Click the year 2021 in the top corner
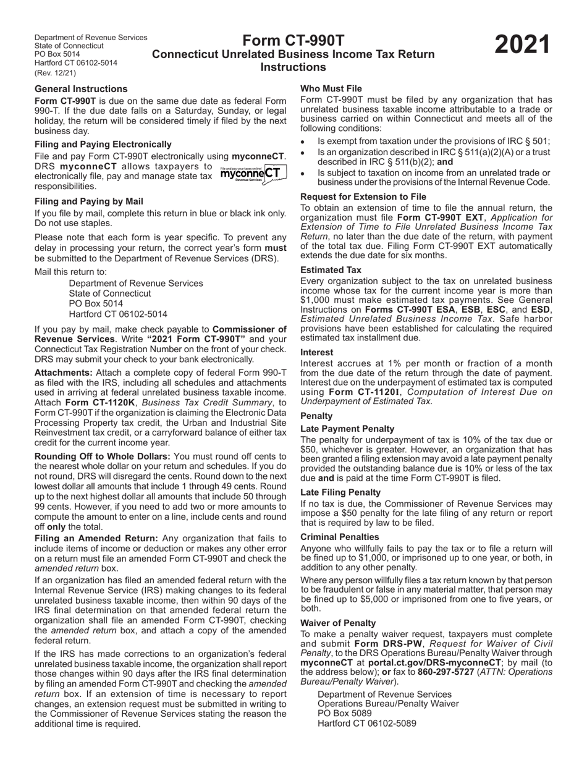[522, 46]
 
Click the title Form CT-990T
[293, 41]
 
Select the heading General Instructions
[81, 89]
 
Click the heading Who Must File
[331, 89]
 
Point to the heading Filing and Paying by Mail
[89, 201]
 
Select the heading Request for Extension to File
[363, 197]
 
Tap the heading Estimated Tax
[331, 270]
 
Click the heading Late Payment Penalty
[347, 429]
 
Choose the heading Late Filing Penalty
[340, 492]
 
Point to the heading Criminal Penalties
[340, 537]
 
